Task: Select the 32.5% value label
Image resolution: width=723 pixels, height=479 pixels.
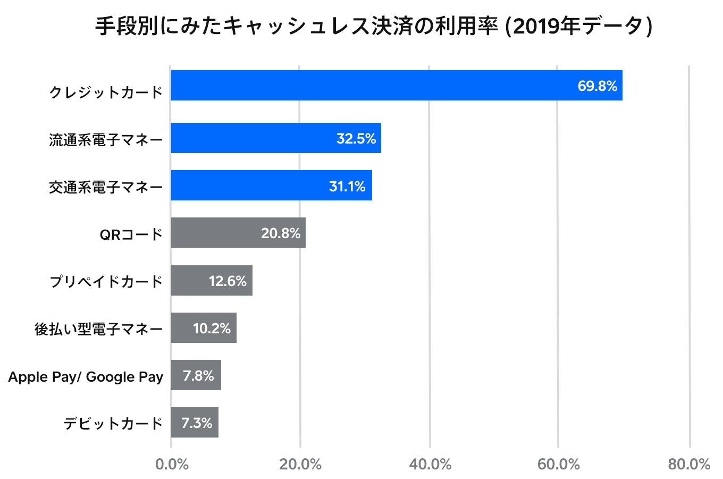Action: (356, 139)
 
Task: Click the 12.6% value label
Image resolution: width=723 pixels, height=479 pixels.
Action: (228, 281)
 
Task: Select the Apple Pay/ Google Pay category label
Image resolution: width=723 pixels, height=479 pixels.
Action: (86, 377)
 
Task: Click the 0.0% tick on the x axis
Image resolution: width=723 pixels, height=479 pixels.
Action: (172, 464)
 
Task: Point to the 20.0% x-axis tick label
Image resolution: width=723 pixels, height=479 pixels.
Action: (300, 464)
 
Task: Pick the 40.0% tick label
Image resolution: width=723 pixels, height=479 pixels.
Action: (430, 464)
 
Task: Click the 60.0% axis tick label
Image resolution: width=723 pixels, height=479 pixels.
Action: (558, 464)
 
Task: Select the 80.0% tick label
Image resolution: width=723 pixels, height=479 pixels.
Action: (689, 464)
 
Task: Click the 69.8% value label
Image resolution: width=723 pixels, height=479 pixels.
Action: (597, 86)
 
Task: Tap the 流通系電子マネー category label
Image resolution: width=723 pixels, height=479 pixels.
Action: (106, 140)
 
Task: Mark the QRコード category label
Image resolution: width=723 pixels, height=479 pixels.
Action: (131, 234)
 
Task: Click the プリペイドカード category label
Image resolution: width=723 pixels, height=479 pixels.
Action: (106, 281)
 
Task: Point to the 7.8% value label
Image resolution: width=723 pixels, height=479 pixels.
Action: (198, 376)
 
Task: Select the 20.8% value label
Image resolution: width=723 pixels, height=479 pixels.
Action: (280, 233)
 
